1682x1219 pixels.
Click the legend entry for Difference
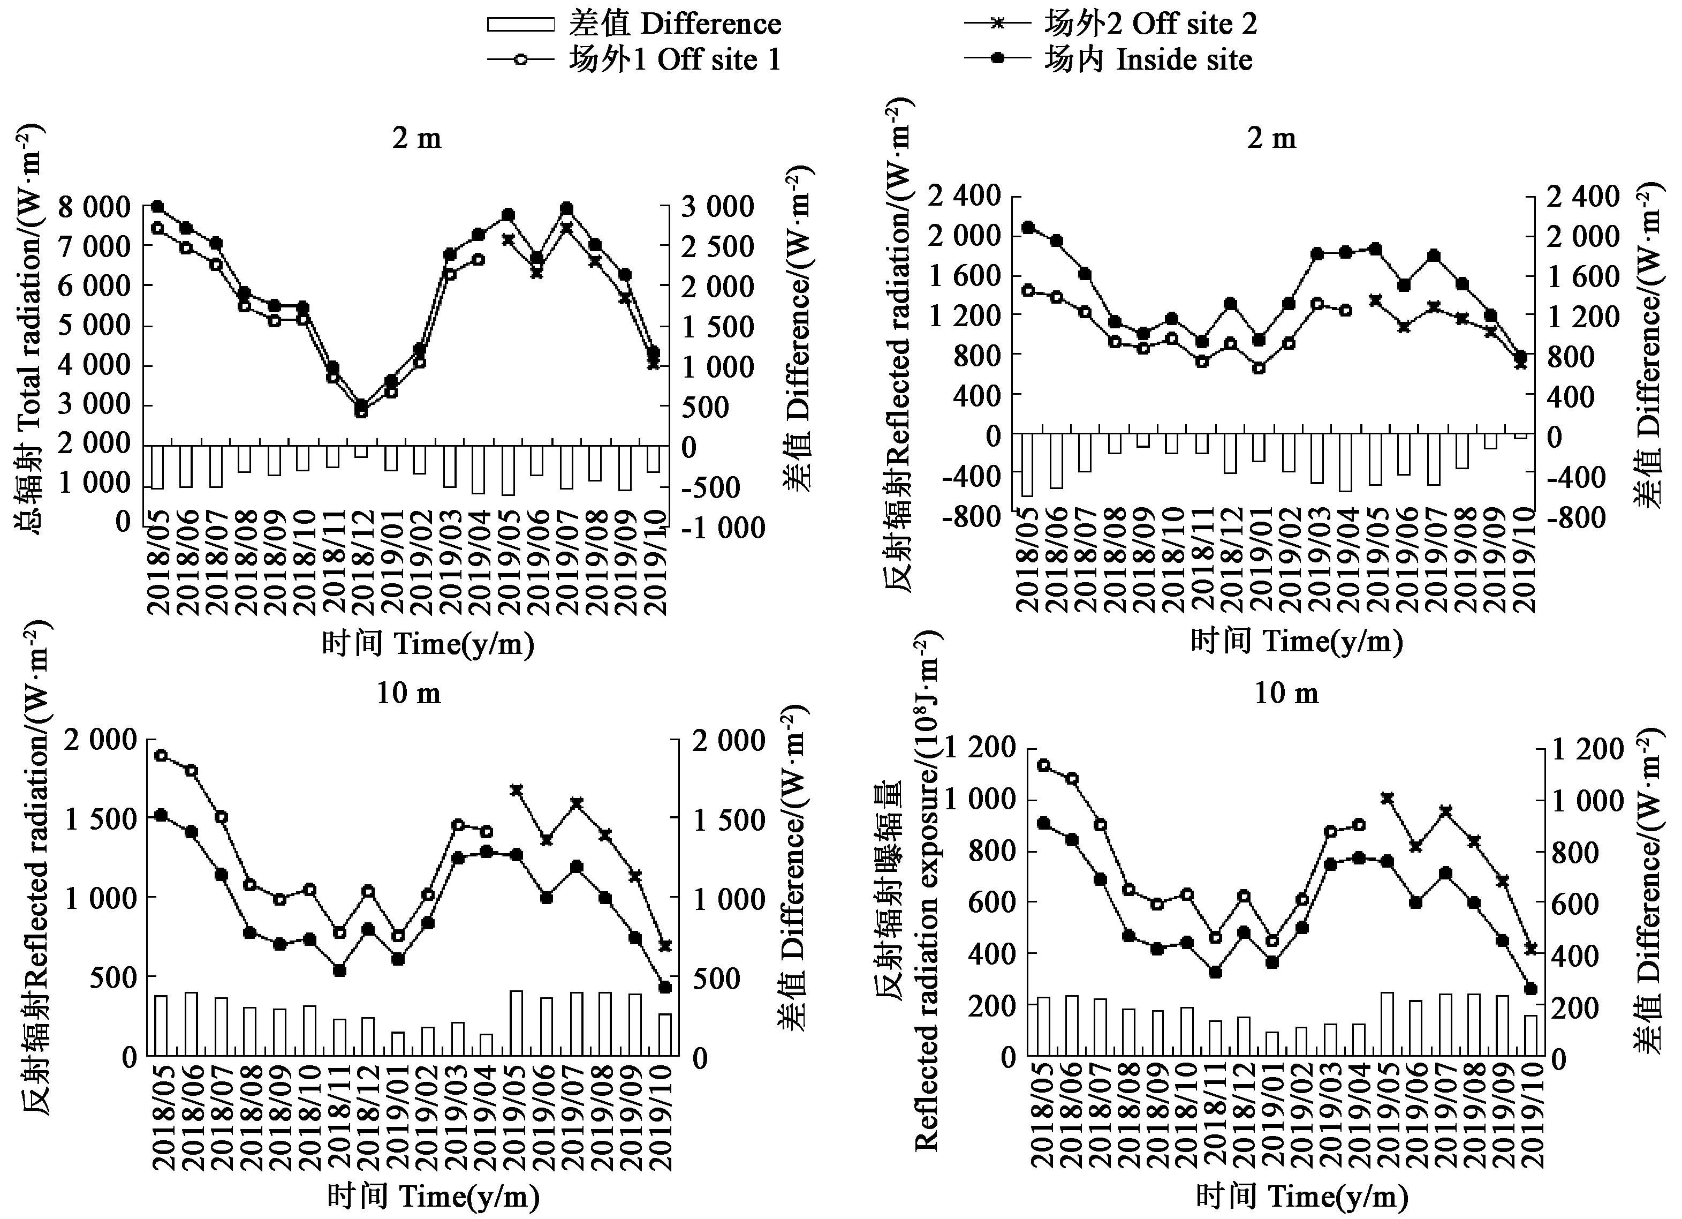(x=634, y=25)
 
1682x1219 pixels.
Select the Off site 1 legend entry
(x=634, y=59)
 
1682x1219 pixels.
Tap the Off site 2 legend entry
(x=1110, y=25)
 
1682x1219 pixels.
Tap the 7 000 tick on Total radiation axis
(x=95, y=246)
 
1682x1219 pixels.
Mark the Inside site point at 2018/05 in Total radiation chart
(x=157, y=207)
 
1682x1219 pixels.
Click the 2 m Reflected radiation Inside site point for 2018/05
(x=1028, y=228)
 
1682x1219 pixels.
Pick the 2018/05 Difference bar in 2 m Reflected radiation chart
(x=1028, y=464)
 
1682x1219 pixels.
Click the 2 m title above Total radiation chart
(x=417, y=139)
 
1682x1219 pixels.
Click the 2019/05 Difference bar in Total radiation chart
(x=508, y=470)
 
